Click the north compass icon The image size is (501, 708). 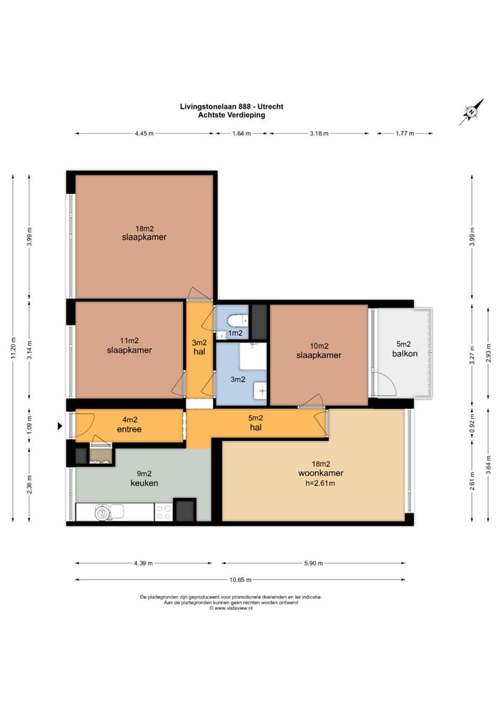[x=471, y=111]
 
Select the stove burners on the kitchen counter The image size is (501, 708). [x=164, y=513]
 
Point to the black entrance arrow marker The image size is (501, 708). [x=60, y=424]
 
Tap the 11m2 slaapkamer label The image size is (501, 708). [x=129, y=345]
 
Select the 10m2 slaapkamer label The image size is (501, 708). [x=318, y=350]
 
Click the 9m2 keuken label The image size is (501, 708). [x=144, y=478]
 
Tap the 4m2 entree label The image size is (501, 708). [x=129, y=425]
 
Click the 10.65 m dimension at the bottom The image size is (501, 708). [x=240, y=579]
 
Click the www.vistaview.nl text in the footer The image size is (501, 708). [x=230, y=608]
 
